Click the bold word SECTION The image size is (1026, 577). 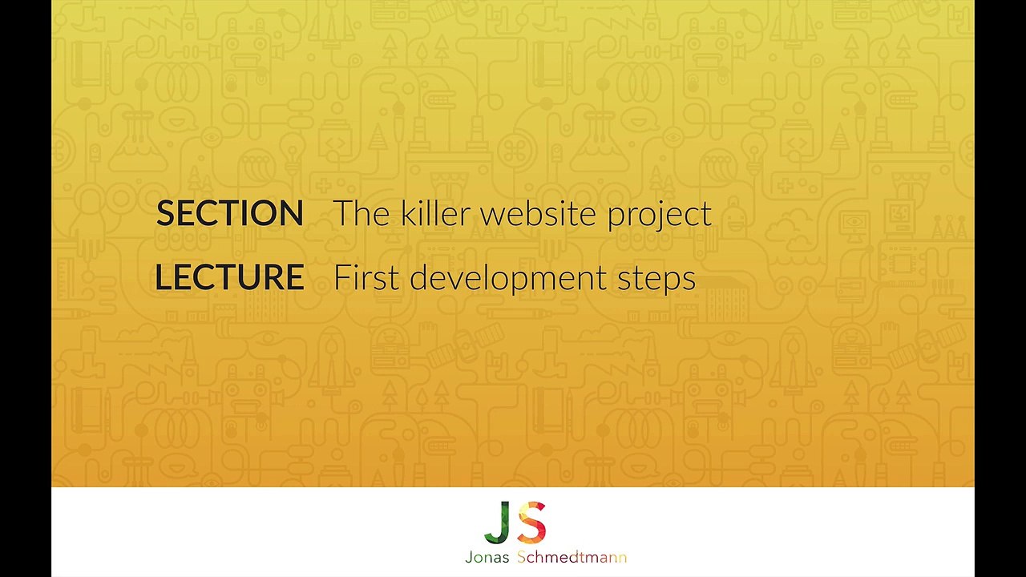pos(230,214)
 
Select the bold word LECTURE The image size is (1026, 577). pos(229,278)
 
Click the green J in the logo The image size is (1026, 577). pos(498,523)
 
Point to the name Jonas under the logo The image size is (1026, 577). pos(487,557)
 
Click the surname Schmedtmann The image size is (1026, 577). pos(572,557)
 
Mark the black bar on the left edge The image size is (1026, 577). pos(26,288)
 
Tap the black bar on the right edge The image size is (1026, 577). pos(1000,288)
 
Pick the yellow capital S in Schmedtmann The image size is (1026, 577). pos(522,557)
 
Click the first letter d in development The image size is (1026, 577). pos(418,278)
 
